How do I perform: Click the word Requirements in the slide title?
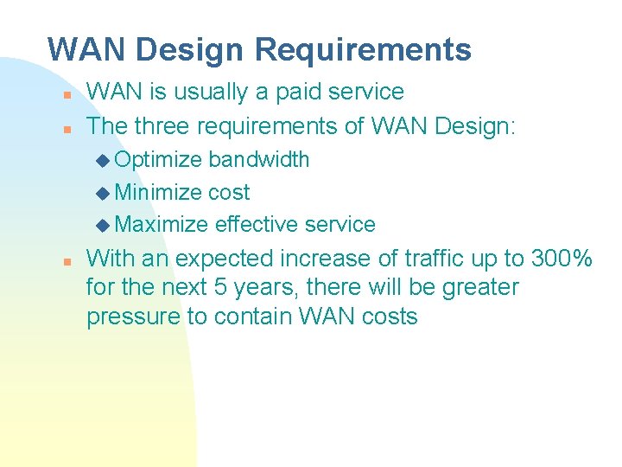pos(363,49)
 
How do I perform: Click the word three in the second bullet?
pos(162,126)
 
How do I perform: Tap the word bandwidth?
pos(258,160)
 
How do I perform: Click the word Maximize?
pos(162,225)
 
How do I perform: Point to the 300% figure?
pos(562,258)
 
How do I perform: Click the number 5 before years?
pos(198,287)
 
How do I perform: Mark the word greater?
pos(480,287)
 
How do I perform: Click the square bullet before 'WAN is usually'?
pos(66,93)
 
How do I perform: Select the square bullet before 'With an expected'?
pos(66,259)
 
